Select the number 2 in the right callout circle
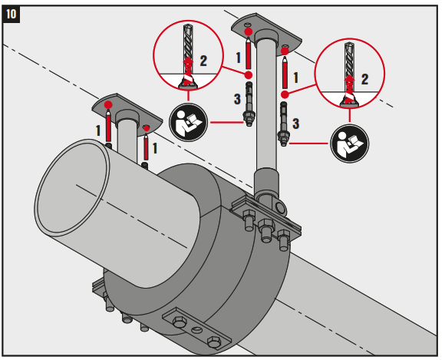coord(364,78)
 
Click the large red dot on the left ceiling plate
coord(109,104)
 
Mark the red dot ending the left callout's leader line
coord(249,74)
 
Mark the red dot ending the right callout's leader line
coord(285,94)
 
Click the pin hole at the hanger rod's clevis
coord(280,207)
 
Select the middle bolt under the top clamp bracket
coord(266,228)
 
